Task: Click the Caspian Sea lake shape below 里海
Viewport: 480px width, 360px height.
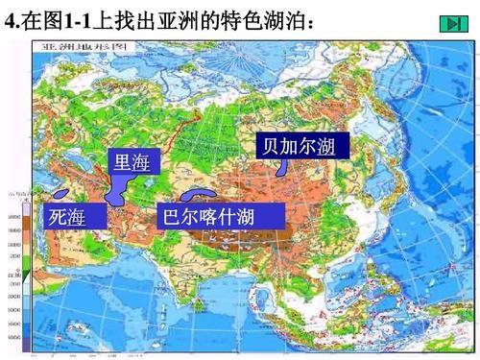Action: coord(117,189)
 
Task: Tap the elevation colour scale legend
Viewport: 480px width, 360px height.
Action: coord(16,274)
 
